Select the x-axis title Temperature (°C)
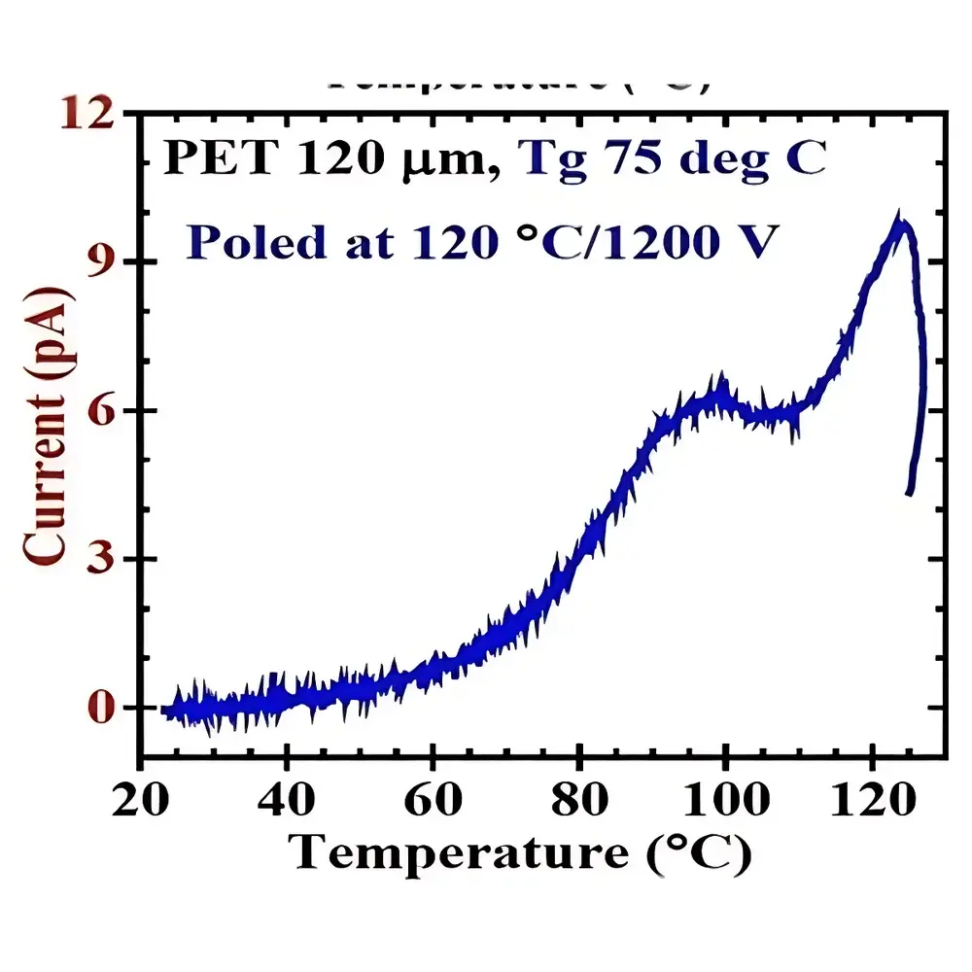[520, 852]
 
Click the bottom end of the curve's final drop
[909, 493]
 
